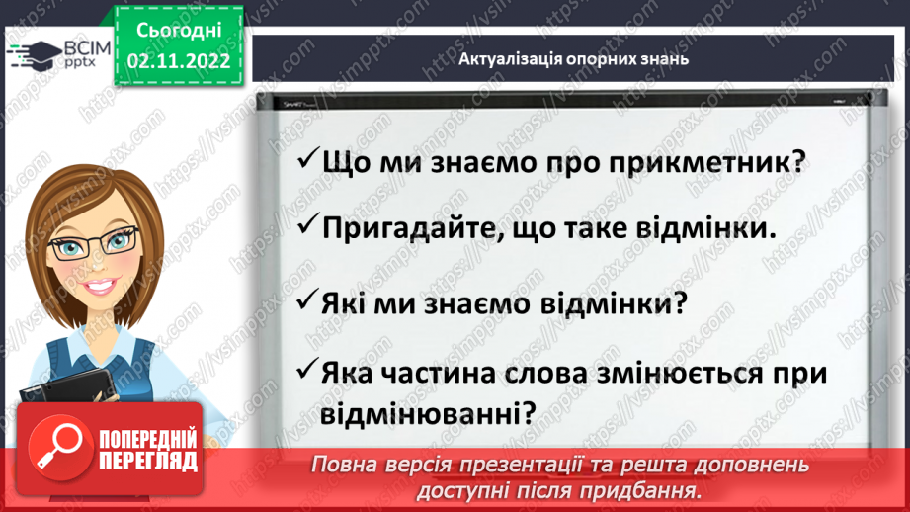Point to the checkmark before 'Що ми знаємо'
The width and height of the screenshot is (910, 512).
coord(306,159)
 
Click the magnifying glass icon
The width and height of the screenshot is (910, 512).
coord(54,449)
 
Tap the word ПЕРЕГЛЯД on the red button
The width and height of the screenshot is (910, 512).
coord(148,462)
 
